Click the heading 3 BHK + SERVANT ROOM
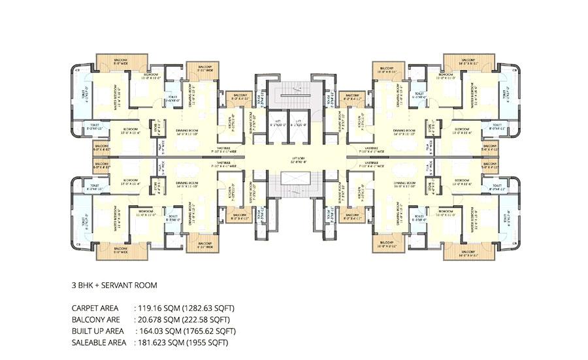tap(114, 286)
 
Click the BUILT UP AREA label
tap(98, 331)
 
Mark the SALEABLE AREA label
tap(99, 342)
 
